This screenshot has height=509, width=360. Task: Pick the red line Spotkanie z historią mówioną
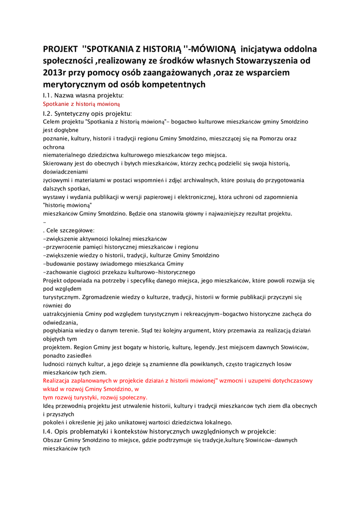[x=82, y=104]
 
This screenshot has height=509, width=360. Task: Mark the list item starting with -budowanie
[x=113, y=263]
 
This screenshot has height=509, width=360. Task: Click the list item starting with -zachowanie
[x=119, y=272]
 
